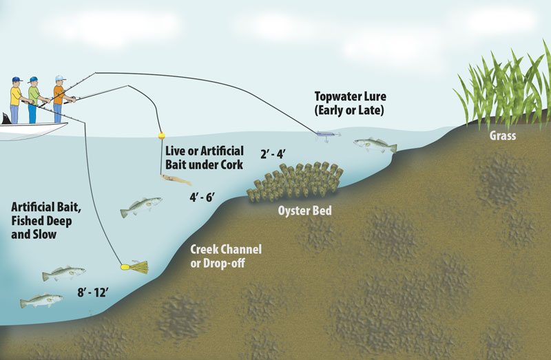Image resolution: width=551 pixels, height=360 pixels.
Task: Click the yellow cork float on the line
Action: click(161, 136)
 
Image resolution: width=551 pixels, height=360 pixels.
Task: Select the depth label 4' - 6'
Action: click(202, 198)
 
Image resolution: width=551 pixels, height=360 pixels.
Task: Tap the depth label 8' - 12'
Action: click(93, 293)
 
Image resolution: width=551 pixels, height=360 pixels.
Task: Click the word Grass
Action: click(502, 136)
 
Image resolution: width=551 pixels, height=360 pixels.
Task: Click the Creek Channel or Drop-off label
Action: click(227, 255)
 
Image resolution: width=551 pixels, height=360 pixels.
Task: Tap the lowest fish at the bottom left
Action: click(41, 301)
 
